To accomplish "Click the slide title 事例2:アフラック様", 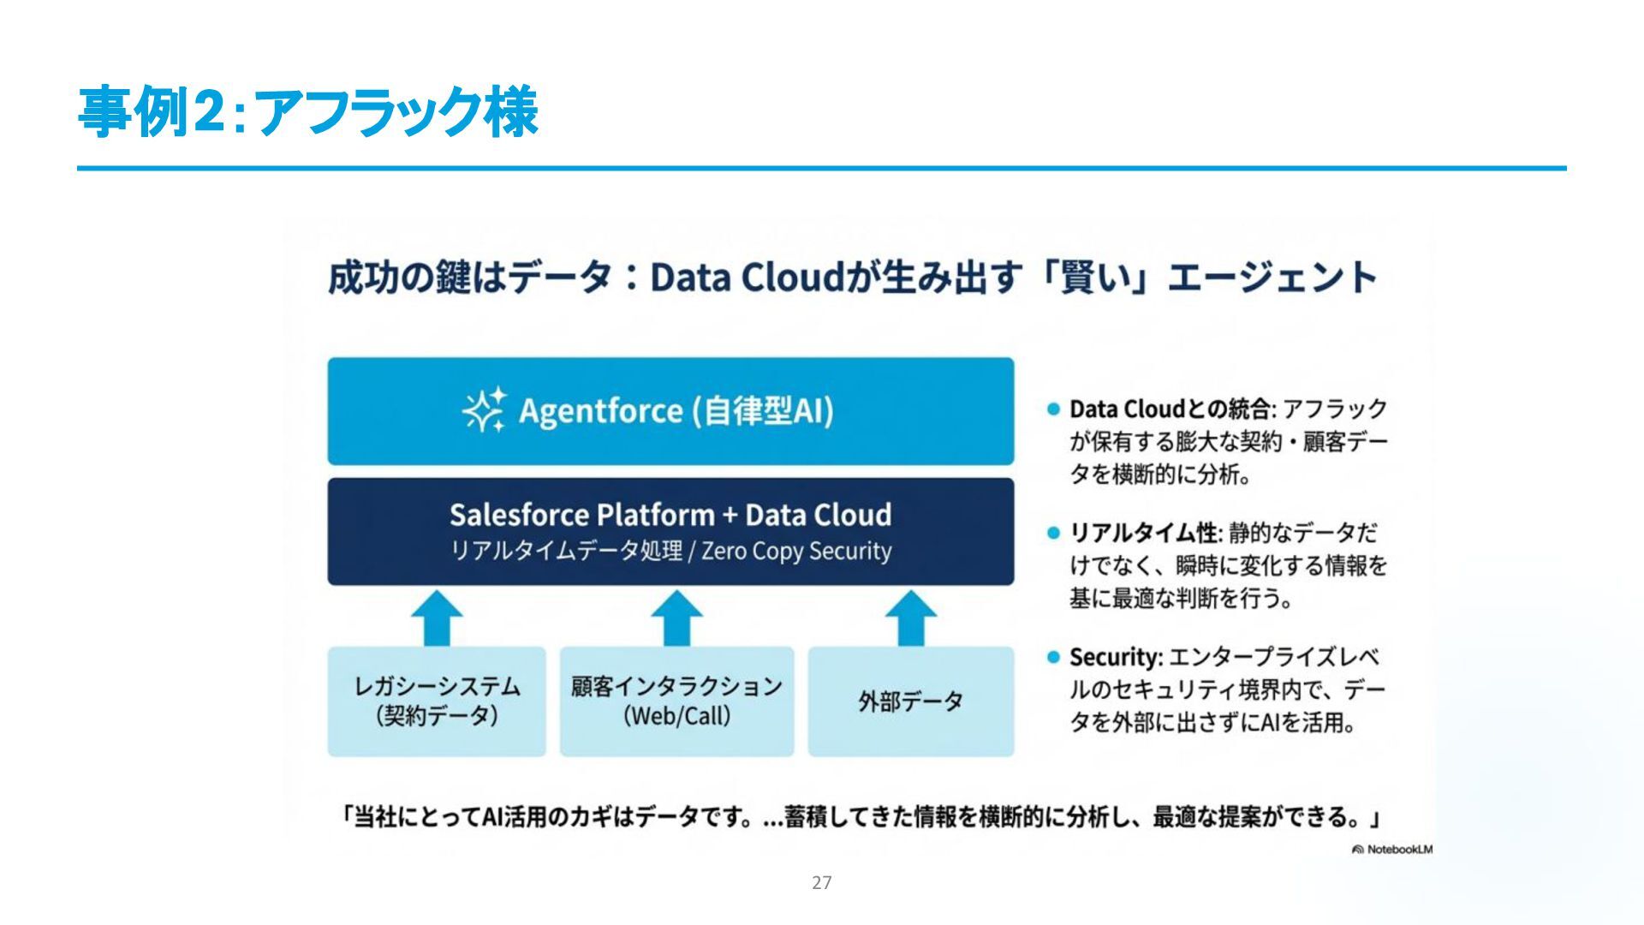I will [307, 111].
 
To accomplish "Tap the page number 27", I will [821, 882].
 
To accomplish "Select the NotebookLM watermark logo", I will [1391, 850].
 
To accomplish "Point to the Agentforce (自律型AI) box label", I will [676, 411].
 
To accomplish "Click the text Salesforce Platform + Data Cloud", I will [670, 515].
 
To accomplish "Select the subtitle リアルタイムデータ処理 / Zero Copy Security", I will [670, 551].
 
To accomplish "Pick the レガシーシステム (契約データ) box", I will [437, 701].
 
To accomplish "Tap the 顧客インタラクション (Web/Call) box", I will [676, 701].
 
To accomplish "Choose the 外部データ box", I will [910, 701].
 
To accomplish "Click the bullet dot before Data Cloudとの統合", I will [1053, 409].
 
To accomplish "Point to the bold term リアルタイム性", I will [1143, 534].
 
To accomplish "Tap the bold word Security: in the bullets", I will [1116, 658].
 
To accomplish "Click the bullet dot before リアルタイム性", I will [1053, 534].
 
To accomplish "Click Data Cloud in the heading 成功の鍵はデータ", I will [748, 277].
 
